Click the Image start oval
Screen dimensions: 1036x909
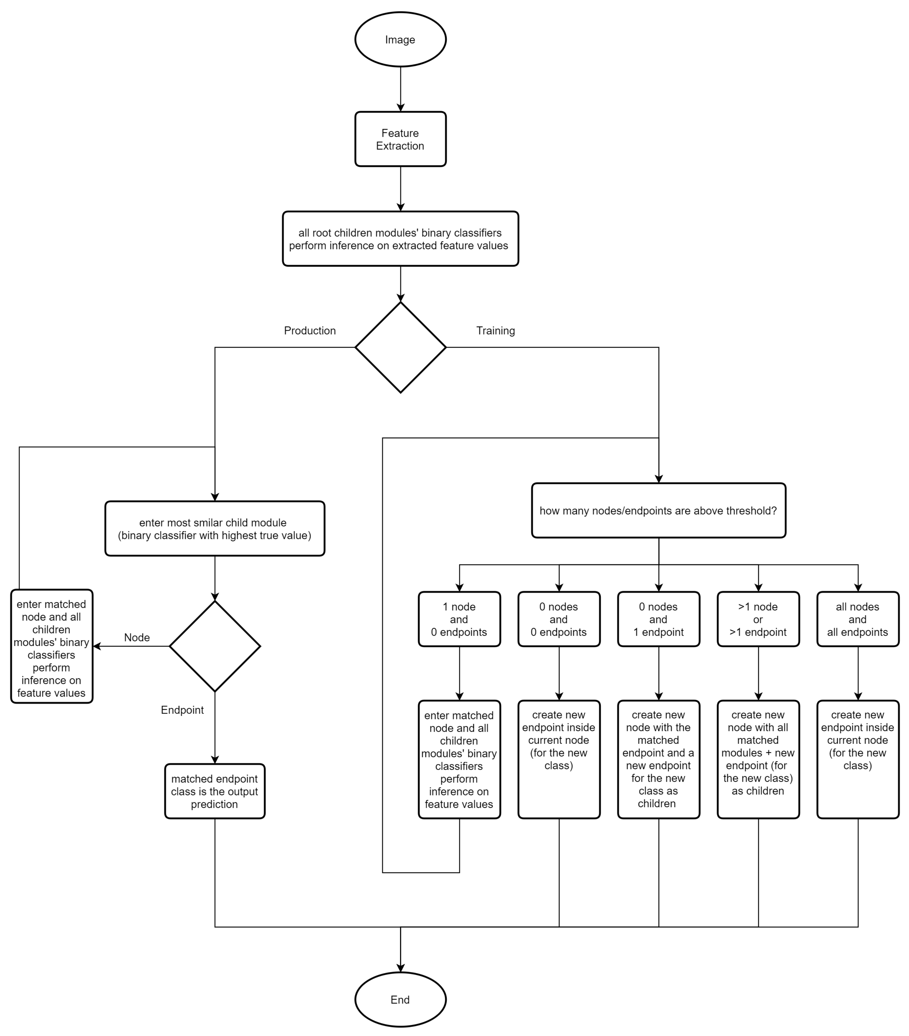(x=400, y=40)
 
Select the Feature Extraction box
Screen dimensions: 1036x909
(x=400, y=139)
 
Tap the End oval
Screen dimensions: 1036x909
(x=400, y=999)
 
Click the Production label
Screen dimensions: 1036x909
(x=310, y=331)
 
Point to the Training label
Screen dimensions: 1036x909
(x=495, y=331)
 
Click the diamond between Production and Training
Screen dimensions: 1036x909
(x=400, y=347)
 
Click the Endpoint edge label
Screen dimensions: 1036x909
(x=182, y=709)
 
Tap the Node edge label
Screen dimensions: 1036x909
(x=137, y=637)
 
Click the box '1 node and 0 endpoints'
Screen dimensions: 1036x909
(x=459, y=619)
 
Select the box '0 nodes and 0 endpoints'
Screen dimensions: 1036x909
(x=559, y=619)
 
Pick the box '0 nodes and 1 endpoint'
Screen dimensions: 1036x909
(x=658, y=619)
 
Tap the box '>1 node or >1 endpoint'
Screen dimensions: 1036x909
(x=758, y=619)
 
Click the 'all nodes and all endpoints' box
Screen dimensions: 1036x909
(x=857, y=619)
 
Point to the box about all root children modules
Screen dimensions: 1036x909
(x=400, y=239)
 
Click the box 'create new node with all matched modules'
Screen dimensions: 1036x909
(x=758, y=759)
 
